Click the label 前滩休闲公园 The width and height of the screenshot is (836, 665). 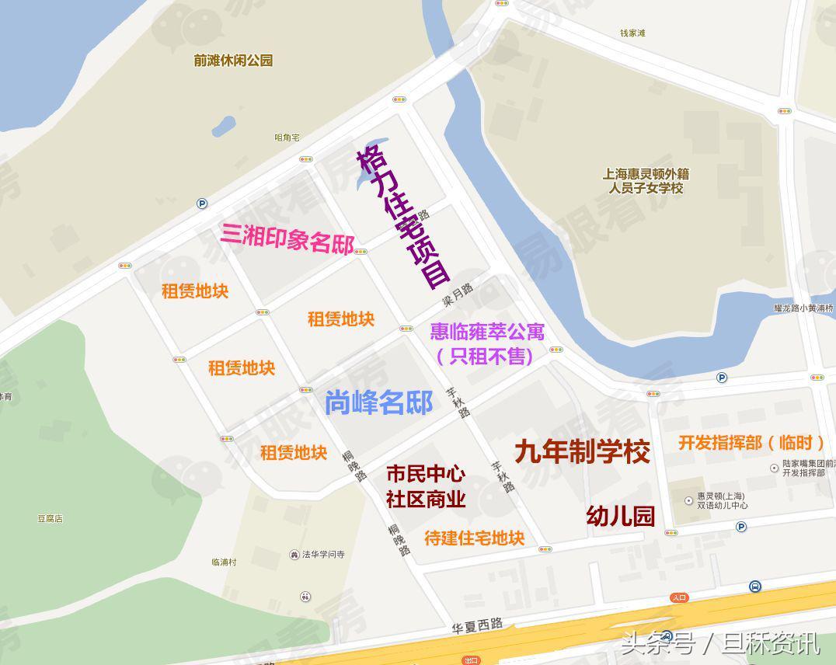(x=233, y=61)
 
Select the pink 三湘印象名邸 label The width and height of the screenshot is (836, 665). (x=287, y=237)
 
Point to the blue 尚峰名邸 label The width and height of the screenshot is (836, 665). (x=378, y=402)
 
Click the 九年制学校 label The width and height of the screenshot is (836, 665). (x=582, y=451)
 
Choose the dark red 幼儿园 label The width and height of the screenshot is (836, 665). (x=620, y=516)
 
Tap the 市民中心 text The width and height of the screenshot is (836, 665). (x=426, y=473)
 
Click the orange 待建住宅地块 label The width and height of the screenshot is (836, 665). (x=474, y=538)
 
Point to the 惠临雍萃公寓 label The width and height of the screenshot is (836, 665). (x=487, y=332)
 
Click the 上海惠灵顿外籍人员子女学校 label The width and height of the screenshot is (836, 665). (x=646, y=181)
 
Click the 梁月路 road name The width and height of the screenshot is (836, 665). (x=458, y=293)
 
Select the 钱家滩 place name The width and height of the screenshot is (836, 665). (x=632, y=33)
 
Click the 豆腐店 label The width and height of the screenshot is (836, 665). (x=50, y=518)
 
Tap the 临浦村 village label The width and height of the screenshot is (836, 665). (x=224, y=562)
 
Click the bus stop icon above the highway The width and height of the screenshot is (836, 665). (x=754, y=587)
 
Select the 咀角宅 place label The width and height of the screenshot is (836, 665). (x=287, y=138)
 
